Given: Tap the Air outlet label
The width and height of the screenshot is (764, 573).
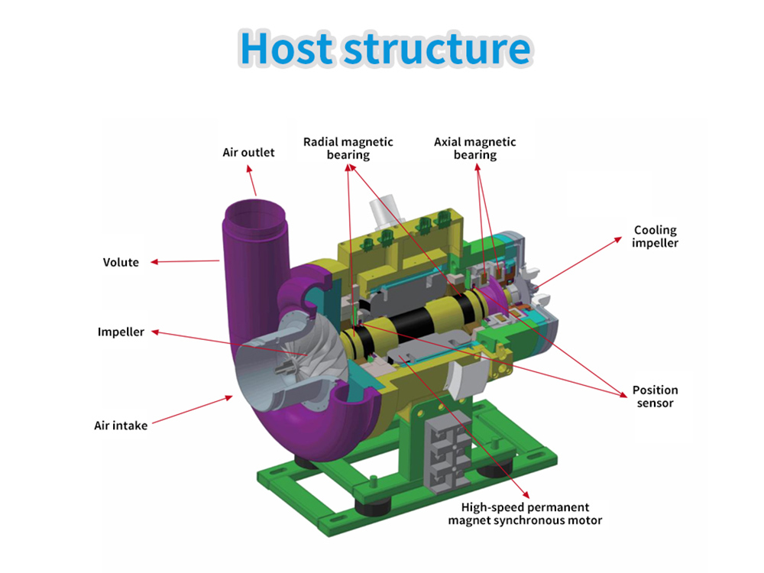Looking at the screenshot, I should [248, 152].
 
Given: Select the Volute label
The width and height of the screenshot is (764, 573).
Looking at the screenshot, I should [121, 262].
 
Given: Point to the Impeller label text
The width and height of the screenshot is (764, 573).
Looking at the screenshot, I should [121, 332].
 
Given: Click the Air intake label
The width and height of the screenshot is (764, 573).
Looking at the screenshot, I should [121, 425].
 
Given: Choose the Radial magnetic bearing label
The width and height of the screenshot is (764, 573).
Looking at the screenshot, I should [348, 148].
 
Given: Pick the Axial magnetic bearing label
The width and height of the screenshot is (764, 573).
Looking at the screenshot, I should [474, 148].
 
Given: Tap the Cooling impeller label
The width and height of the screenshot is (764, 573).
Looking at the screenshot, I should [655, 236].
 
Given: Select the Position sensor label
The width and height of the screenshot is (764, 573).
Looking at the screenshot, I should [655, 396].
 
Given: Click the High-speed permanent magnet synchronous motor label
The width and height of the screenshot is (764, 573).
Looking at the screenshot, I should [525, 513].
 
